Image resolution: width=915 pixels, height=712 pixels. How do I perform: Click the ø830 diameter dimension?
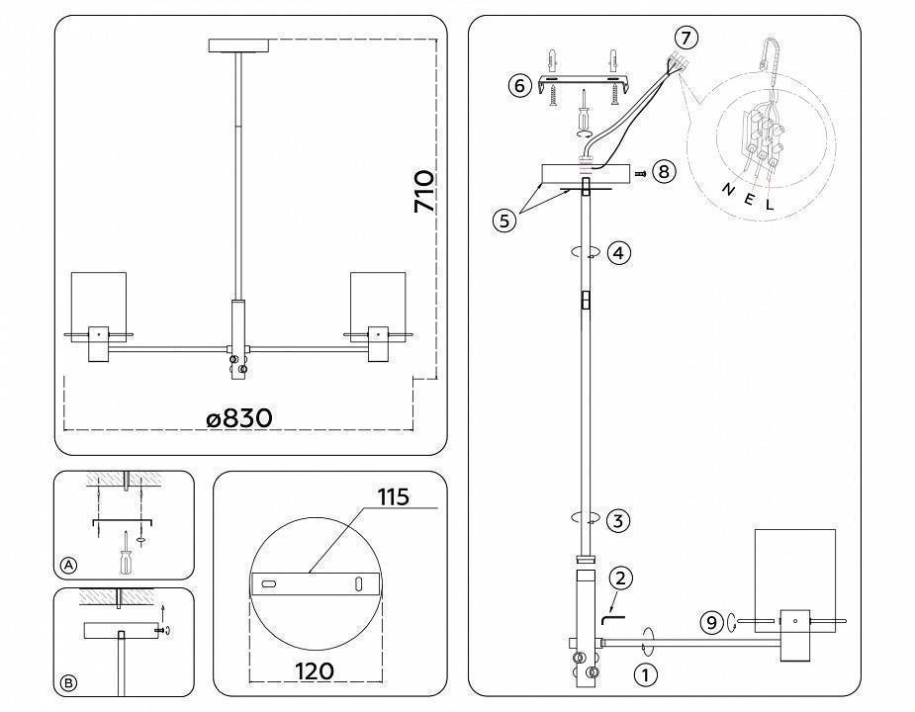coord(239,418)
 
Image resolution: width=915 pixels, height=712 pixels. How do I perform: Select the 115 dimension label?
coord(393,496)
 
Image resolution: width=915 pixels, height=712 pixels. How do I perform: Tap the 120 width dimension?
coord(314,671)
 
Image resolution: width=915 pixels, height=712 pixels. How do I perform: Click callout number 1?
coord(645,677)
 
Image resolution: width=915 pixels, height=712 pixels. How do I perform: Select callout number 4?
coord(618,253)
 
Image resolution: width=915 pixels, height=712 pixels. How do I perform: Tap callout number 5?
coord(504,221)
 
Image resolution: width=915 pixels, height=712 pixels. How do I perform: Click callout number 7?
coord(686,38)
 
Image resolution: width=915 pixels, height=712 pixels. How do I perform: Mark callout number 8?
coord(663,172)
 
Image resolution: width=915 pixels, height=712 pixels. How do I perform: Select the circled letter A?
coord(68,565)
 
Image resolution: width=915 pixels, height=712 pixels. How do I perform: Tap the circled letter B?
coord(68,682)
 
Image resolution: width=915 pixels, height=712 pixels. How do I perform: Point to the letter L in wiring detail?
coord(771,206)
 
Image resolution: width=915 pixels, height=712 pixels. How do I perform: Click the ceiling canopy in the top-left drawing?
coord(239,44)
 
